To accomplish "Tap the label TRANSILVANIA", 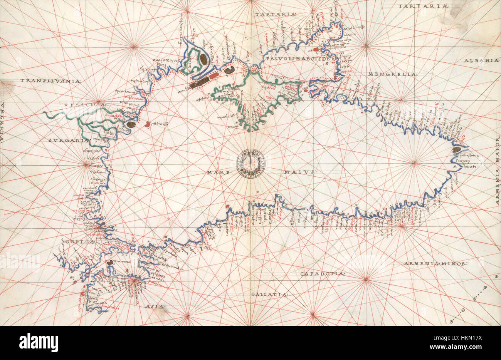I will [x=50, y=81].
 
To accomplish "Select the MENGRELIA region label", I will [x=392, y=74].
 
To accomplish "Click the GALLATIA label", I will [x=269, y=295].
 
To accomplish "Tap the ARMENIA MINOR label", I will [x=435, y=264].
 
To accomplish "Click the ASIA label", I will [x=155, y=306].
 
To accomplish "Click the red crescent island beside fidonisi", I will [x=148, y=124].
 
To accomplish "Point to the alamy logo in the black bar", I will [x=39, y=342].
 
